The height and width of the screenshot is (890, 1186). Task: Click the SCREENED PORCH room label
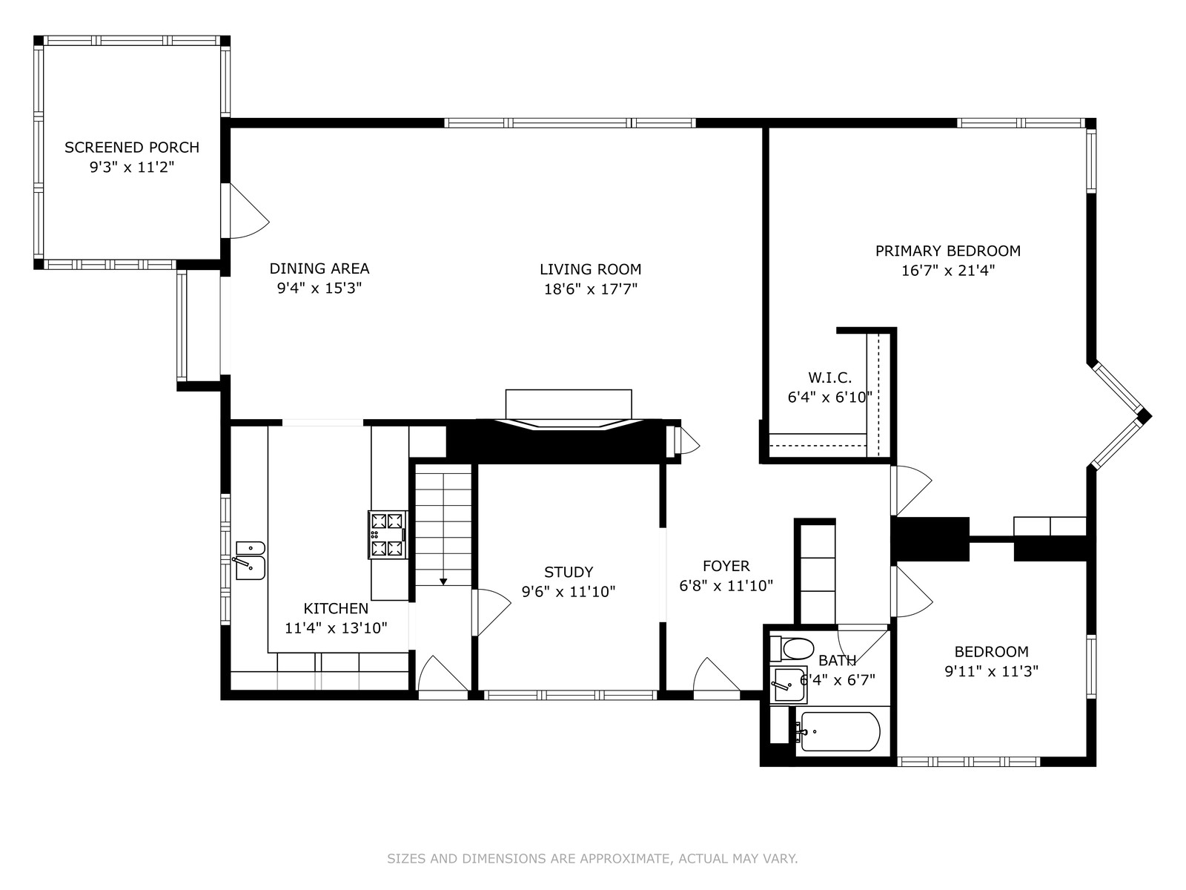click(x=132, y=147)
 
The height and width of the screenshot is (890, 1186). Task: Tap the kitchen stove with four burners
click(x=388, y=535)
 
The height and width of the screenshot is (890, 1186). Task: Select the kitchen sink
click(x=250, y=561)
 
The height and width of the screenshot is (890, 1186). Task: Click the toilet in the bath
click(x=792, y=648)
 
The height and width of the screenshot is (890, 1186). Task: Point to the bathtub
click(x=838, y=732)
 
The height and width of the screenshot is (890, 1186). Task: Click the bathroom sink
click(x=789, y=685)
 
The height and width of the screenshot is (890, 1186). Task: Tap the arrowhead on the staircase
click(x=443, y=581)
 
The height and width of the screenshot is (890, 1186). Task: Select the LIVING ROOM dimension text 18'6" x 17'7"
click(x=591, y=289)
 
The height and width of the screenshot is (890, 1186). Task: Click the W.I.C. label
click(x=830, y=378)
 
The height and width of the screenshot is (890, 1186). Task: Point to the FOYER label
click(x=726, y=566)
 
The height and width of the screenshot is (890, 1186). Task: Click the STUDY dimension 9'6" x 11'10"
click(x=569, y=592)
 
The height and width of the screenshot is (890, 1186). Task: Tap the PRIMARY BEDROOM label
click(x=948, y=251)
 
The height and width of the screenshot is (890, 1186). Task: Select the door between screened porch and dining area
click(x=245, y=211)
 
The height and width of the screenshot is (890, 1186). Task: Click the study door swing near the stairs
click(x=491, y=613)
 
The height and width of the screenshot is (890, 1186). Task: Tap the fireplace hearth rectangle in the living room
click(x=569, y=403)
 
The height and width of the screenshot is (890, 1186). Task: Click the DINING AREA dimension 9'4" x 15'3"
click(x=319, y=288)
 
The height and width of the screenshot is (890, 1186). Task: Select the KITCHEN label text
click(x=336, y=608)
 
